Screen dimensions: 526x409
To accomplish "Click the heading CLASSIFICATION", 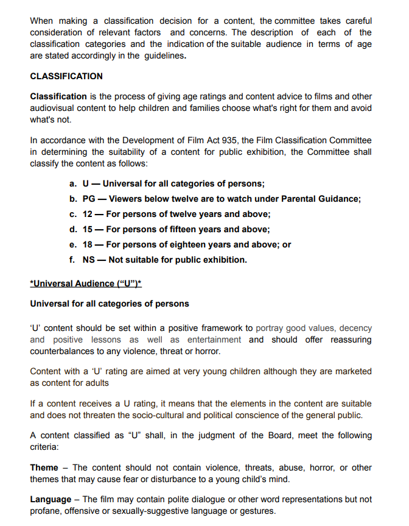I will coord(66,76).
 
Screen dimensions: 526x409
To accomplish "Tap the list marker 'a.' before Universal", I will coord(73,183).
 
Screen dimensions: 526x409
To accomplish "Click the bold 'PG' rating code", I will coord(89,199).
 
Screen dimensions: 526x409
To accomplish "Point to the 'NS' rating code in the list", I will coord(89,260).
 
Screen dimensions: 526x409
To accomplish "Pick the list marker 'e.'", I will coord(73,244).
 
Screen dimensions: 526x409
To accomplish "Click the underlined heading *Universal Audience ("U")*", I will coord(85,283).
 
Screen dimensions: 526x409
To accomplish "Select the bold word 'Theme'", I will coord(44,467).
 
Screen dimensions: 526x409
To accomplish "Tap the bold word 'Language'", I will coord(52,500).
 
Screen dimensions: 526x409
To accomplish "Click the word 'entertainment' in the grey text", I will coord(214,339).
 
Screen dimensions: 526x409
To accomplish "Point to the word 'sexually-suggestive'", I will coord(176,511).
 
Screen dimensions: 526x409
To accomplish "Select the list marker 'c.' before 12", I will coord(73,214).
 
